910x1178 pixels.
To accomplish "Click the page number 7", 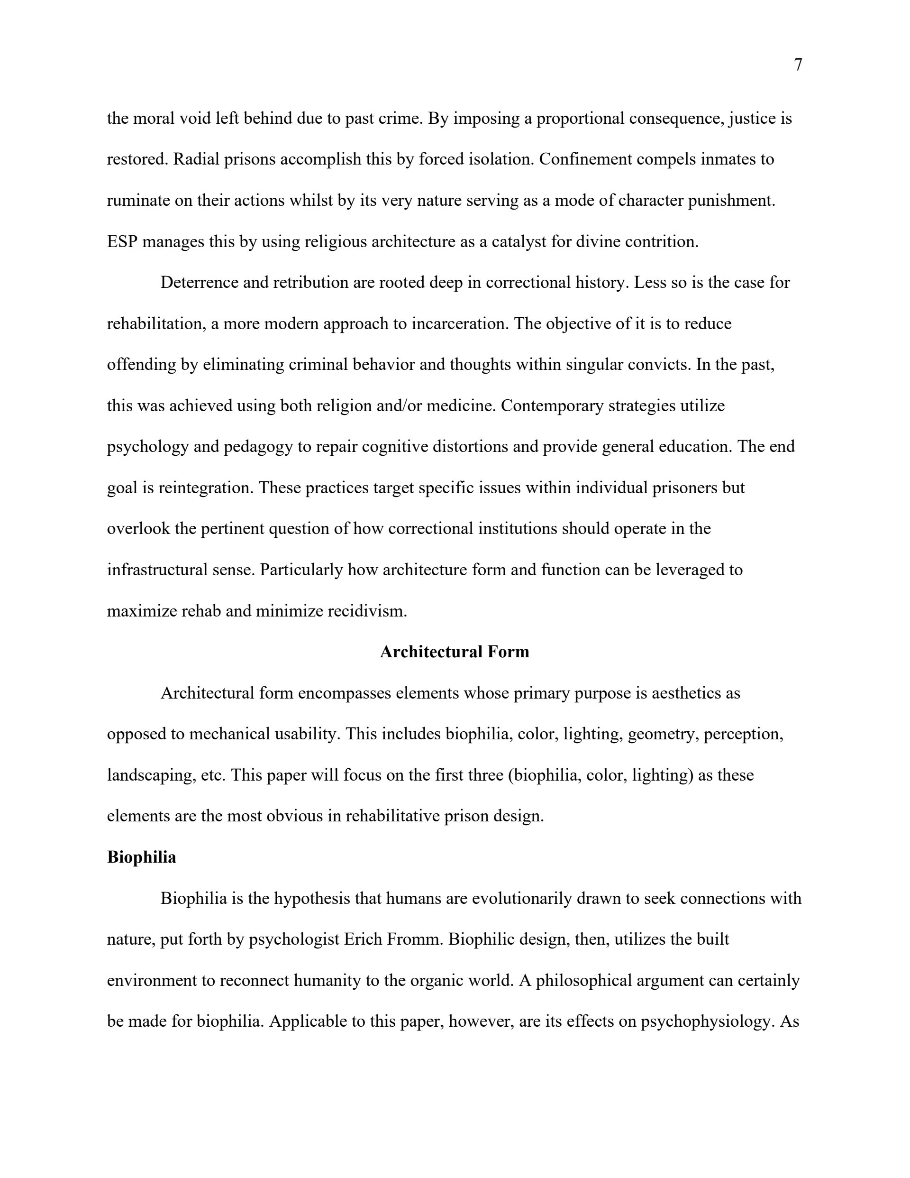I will point(798,65).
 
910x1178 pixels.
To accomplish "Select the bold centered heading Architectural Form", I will point(455,652).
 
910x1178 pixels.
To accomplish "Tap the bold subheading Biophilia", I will point(141,857).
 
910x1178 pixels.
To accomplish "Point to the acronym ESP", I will point(122,242).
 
